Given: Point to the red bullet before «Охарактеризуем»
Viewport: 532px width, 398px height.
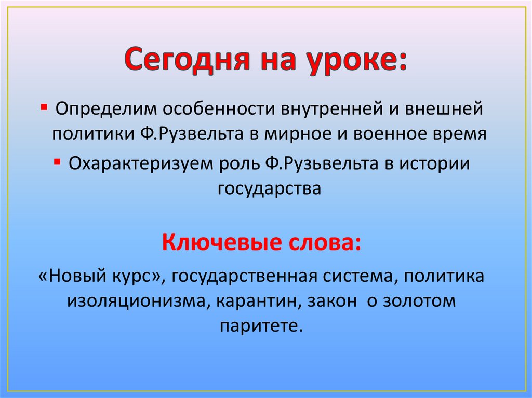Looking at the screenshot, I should coord(56,161).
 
